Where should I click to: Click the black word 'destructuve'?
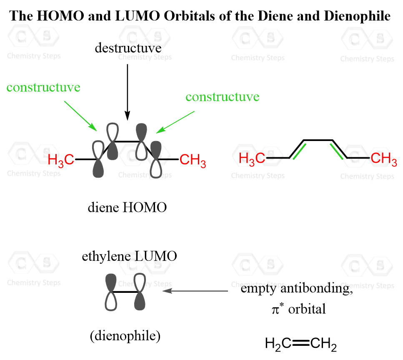pyautogui.click(x=128, y=48)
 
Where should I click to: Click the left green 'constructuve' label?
pyautogui.click(x=43, y=87)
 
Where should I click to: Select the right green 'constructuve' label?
pyautogui.click(x=223, y=97)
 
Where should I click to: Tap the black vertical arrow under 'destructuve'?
pyautogui.click(x=127, y=92)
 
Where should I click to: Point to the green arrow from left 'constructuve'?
pyautogui.click(x=80, y=116)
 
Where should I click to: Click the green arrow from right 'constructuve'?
pyautogui.click(x=175, y=122)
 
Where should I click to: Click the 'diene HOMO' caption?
pyautogui.click(x=127, y=207)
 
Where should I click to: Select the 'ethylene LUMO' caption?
pyautogui.click(x=129, y=256)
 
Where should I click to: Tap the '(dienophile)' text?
pyautogui.click(x=125, y=336)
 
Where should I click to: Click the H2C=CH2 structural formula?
pyautogui.click(x=301, y=344)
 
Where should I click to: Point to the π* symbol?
pyautogui.click(x=278, y=309)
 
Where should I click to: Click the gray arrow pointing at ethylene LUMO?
pyautogui.click(x=195, y=291)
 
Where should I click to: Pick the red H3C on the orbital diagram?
pyautogui.click(x=61, y=160)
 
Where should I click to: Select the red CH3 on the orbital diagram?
pyautogui.click(x=193, y=160)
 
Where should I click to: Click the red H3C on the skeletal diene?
pyautogui.click(x=252, y=159)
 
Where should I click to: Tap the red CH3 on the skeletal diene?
pyautogui.click(x=384, y=159)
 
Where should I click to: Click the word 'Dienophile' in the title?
pyautogui.click(x=357, y=16)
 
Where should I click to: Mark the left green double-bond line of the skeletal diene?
pyautogui.click(x=299, y=151)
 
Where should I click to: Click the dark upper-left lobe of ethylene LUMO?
pyautogui.click(x=111, y=282)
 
